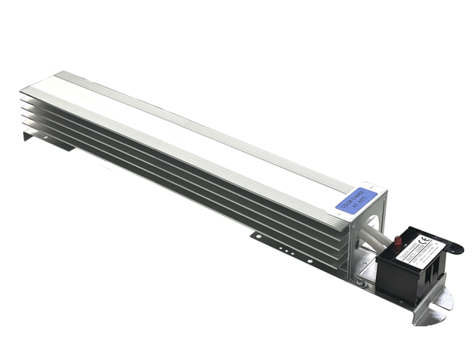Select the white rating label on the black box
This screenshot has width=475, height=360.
[x=417, y=248]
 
